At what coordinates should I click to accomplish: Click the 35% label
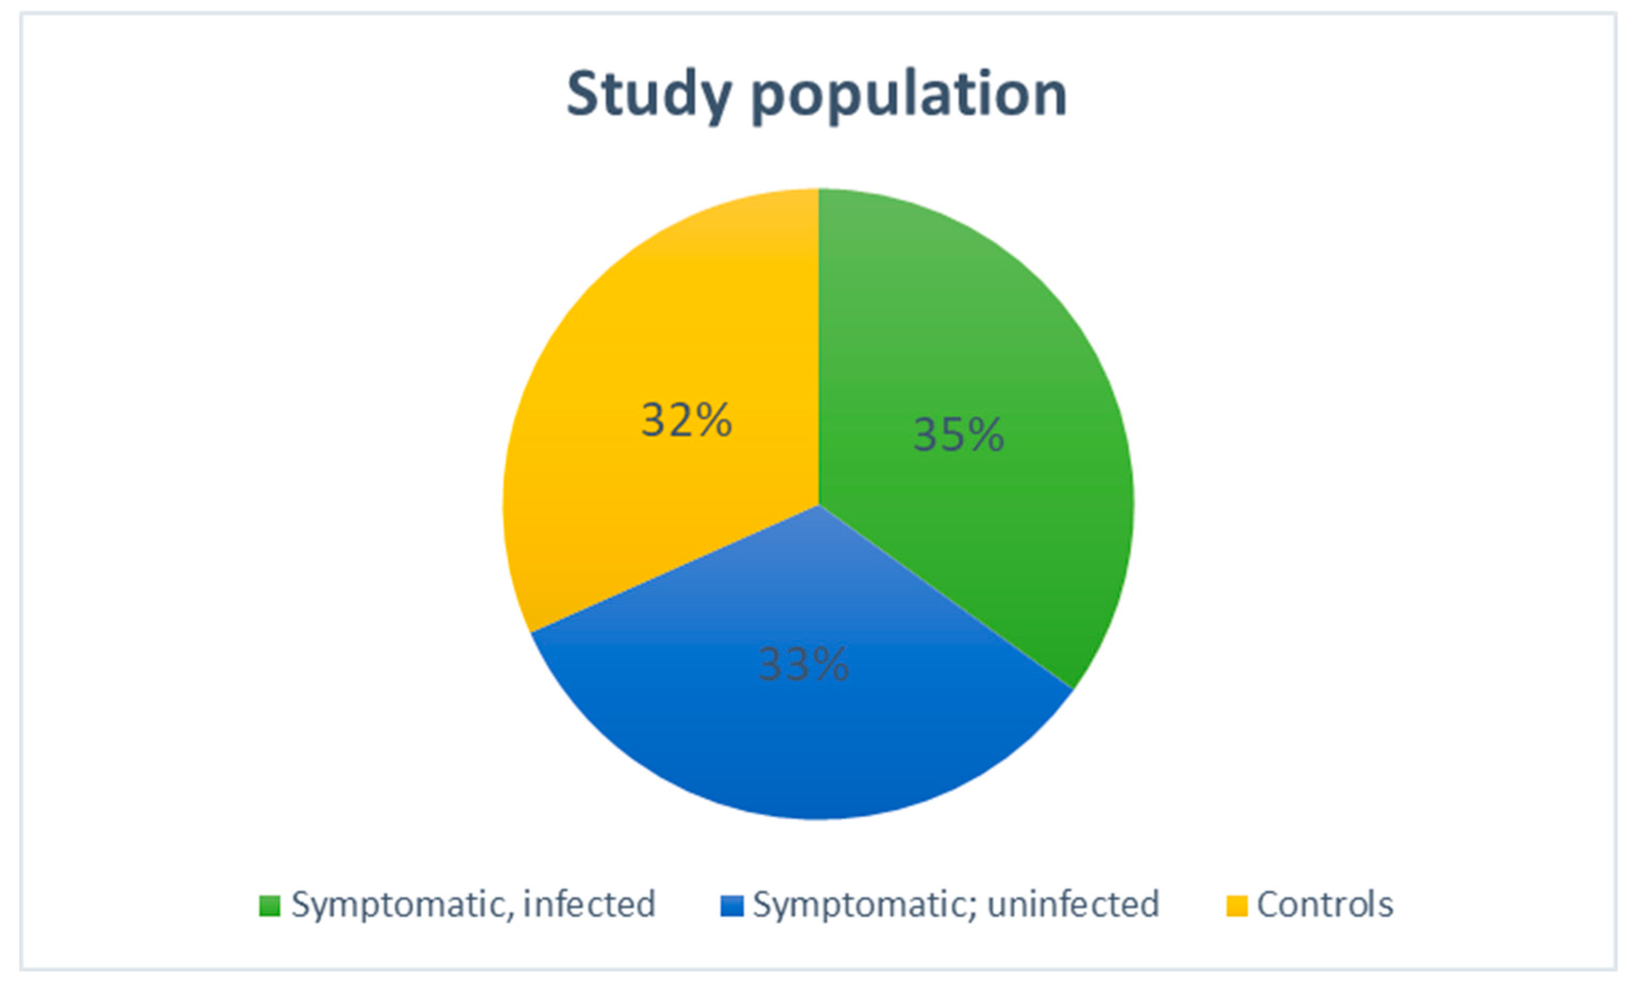pyautogui.click(x=958, y=435)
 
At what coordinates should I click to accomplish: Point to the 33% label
pyautogui.click(x=803, y=664)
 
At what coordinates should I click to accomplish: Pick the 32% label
pyautogui.click(x=686, y=420)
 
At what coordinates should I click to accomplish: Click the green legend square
pyautogui.click(x=269, y=906)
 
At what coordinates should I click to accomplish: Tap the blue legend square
pyautogui.click(x=731, y=906)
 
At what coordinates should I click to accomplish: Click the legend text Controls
pyautogui.click(x=1325, y=904)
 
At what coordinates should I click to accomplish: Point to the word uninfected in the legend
pyautogui.click(x=1073, y=904)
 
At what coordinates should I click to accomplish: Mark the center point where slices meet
pyautogui.click(x=818, y=506)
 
